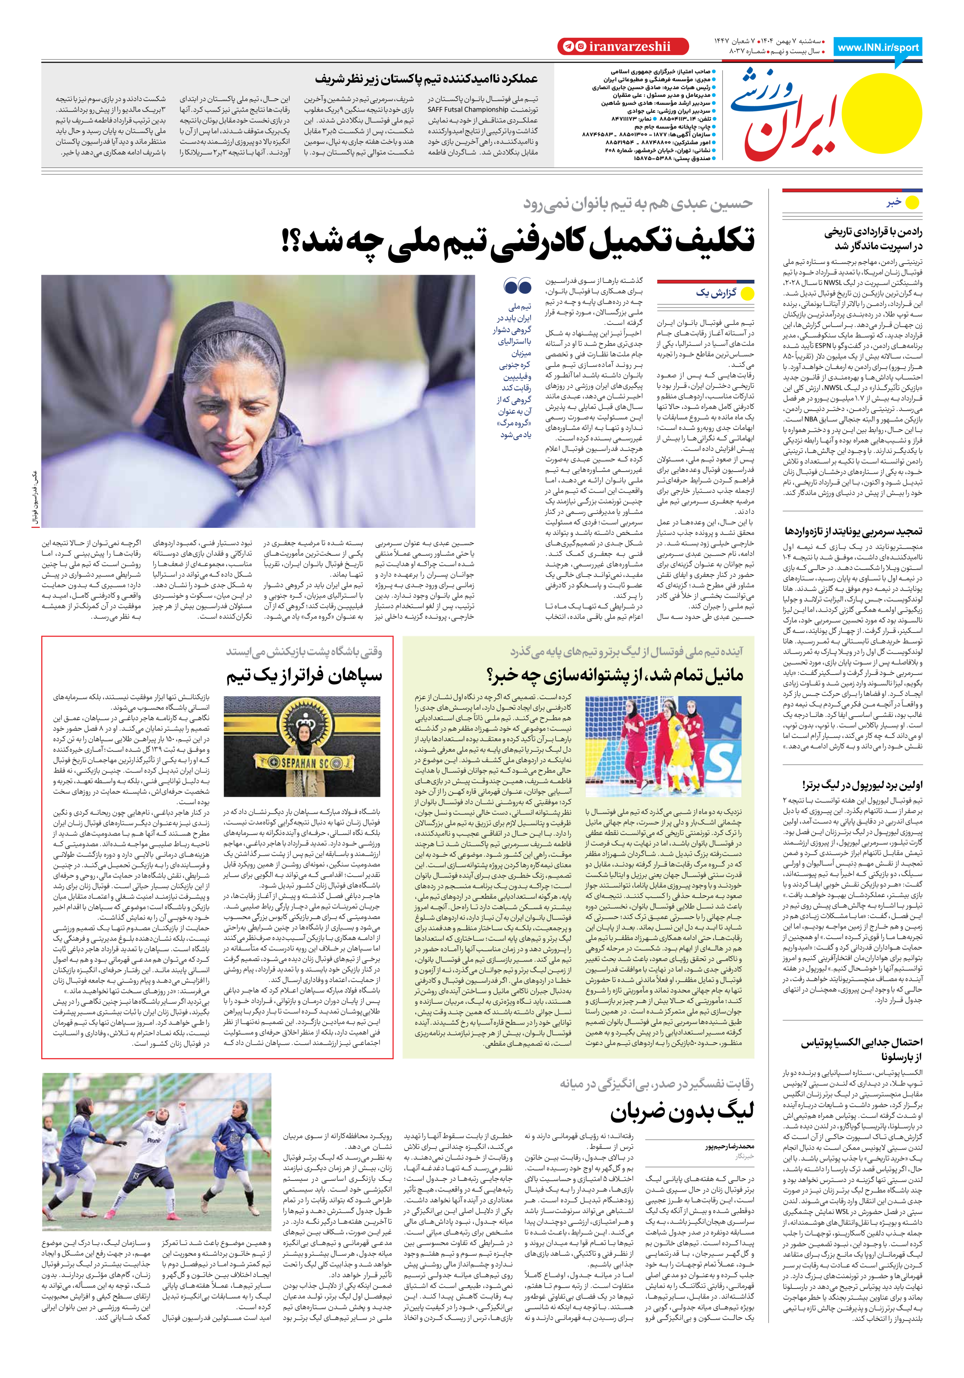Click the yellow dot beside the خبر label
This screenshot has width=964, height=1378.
point(912,203)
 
